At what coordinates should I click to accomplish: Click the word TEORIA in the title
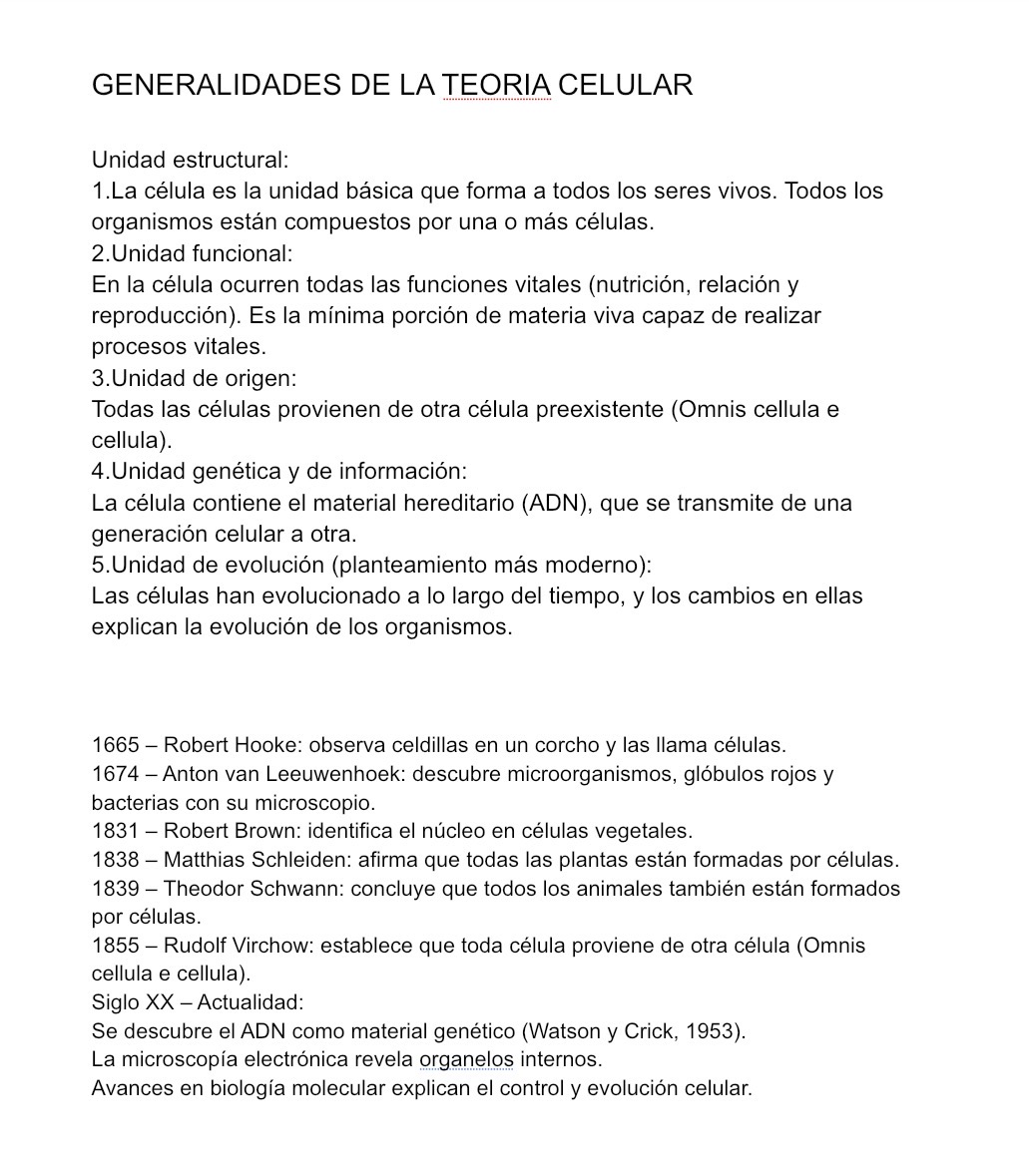click(496, 86)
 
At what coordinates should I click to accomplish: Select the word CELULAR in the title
click(625, 86)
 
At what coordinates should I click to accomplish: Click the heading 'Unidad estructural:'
click(190, 160)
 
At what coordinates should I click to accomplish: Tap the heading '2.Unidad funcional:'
click(193, 253)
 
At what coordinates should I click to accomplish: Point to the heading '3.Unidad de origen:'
click(195, 378)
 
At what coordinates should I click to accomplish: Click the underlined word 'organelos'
click(466, 1059)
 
